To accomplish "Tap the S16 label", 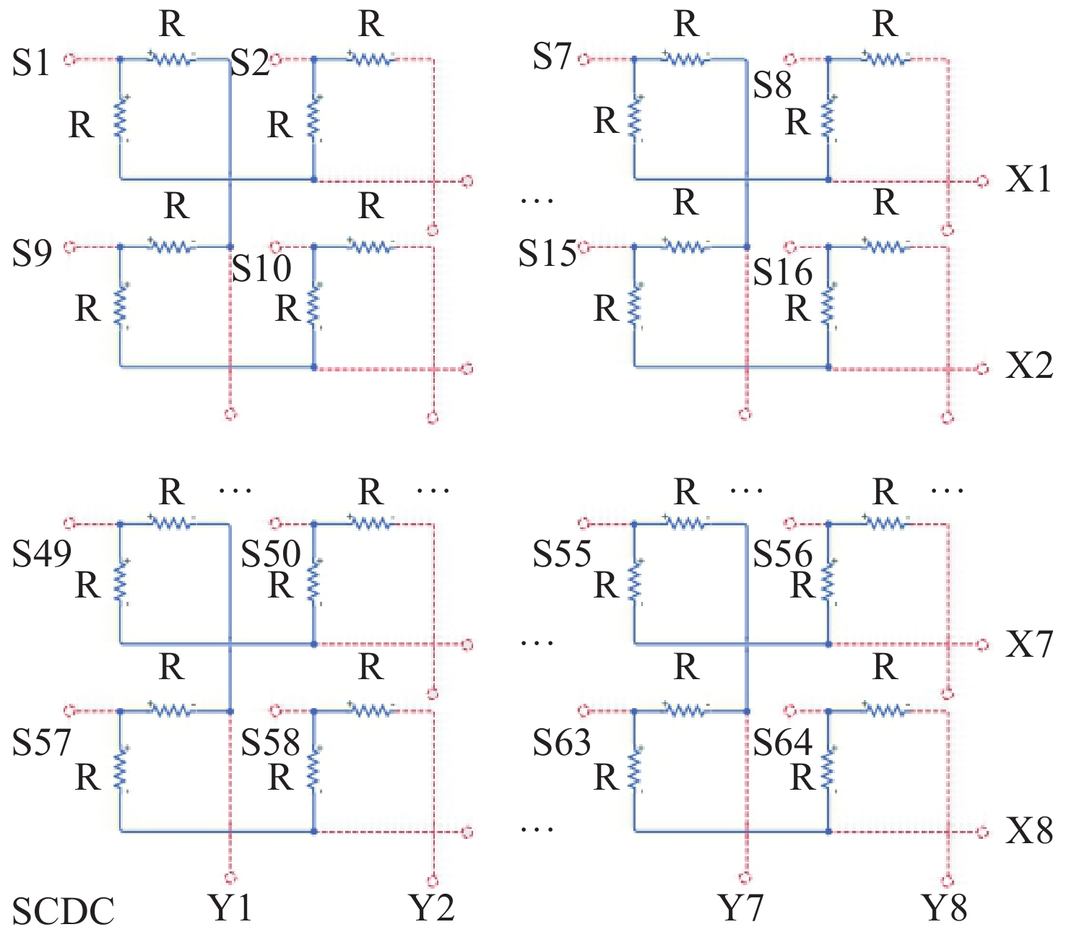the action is (x=782, y=272).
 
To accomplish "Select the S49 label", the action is (x=42, y=553).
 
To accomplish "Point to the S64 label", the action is (x=782, y=743).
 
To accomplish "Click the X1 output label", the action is (x=1028, y=179).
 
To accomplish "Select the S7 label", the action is (x=551, y=56).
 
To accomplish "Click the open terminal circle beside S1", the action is (x=69, y=59).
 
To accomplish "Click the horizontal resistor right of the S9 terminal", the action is (x=172, y=246).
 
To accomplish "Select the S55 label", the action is (x=561, y=553).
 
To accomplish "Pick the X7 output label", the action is (x=1028, y=644).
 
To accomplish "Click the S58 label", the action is (x=270, y=743).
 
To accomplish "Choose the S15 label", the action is (x=547, y=253).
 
